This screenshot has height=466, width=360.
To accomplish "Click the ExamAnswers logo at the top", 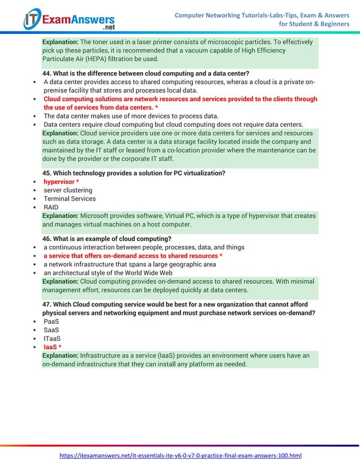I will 69,19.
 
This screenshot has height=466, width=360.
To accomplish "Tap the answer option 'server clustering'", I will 68,190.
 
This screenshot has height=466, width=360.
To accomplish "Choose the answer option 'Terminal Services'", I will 69,199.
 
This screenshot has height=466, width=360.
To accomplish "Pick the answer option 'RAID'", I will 51,207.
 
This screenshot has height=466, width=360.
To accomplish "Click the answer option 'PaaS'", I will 51,321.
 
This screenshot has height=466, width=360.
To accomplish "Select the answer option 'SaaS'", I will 51,329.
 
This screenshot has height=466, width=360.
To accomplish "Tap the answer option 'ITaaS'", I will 52,338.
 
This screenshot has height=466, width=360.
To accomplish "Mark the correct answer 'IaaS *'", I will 52,347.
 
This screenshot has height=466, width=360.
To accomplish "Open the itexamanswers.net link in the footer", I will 181,455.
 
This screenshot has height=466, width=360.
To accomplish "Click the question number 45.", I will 47,173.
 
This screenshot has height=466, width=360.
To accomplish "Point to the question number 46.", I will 47,239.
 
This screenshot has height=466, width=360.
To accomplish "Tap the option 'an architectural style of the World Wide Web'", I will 108,272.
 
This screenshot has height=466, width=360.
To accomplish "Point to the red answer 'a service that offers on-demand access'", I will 133,256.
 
